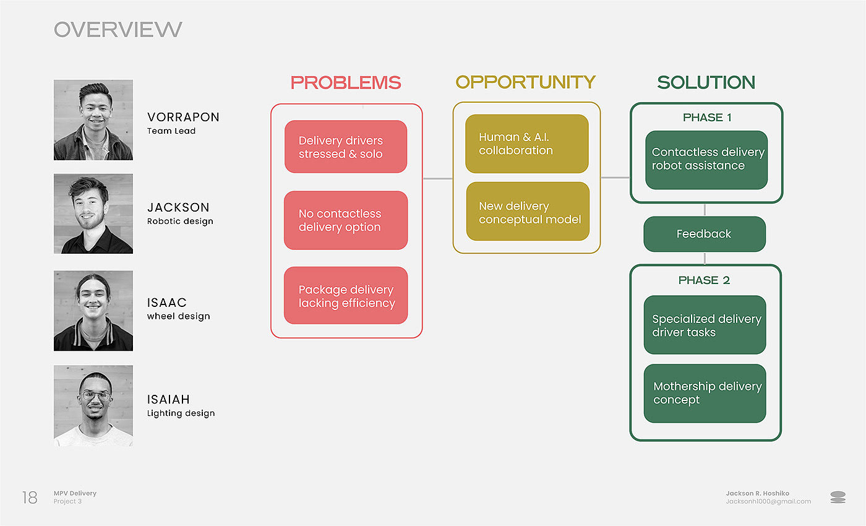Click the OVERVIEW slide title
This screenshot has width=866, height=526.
point(118,29)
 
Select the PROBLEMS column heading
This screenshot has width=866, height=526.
point(346,82)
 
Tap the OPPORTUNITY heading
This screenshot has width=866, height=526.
point(525,82)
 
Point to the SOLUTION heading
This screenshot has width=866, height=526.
point(706,82)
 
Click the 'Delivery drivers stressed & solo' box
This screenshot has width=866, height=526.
point(346,147)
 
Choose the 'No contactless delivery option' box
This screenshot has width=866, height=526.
point(346,220)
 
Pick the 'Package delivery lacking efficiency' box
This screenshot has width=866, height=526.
point(346,296)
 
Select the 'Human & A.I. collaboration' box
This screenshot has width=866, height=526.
point(526,144)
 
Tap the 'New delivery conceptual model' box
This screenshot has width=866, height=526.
point(527,212)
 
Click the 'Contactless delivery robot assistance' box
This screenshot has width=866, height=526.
point(706,159)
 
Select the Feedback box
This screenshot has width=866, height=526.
point(704,234)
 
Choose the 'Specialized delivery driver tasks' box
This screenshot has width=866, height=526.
point(705,325)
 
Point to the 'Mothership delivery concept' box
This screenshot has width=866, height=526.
point(705,393)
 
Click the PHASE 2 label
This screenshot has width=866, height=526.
point(704,280)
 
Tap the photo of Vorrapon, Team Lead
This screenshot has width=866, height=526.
point(93,120)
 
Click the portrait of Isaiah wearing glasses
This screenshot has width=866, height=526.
point(93,405)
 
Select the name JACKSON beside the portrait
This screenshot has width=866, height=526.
point(178,207)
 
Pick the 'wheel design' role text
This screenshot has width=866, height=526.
point(178,316)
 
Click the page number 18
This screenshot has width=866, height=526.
point(30,498)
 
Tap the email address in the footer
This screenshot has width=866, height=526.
point(768,501)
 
